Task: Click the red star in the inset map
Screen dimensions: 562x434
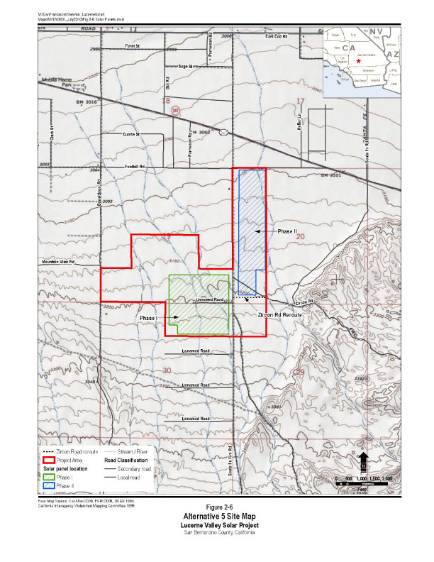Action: point(360,62)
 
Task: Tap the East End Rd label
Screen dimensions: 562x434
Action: point(277,35)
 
